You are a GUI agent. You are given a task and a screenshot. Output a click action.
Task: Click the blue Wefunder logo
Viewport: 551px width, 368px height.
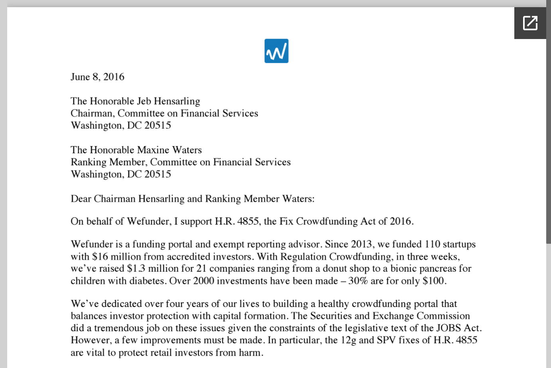276,51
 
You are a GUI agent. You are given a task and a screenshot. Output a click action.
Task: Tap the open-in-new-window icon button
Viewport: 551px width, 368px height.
530,23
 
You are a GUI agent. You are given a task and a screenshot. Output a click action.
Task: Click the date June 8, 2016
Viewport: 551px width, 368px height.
97,77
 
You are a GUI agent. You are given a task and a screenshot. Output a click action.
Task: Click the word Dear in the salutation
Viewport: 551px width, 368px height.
81,199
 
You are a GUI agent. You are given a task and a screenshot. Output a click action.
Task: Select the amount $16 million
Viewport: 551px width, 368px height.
116,256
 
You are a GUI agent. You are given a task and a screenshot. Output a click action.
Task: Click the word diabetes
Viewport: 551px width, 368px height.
147,281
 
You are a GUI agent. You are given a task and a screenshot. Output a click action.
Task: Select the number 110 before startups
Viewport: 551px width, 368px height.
432,244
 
